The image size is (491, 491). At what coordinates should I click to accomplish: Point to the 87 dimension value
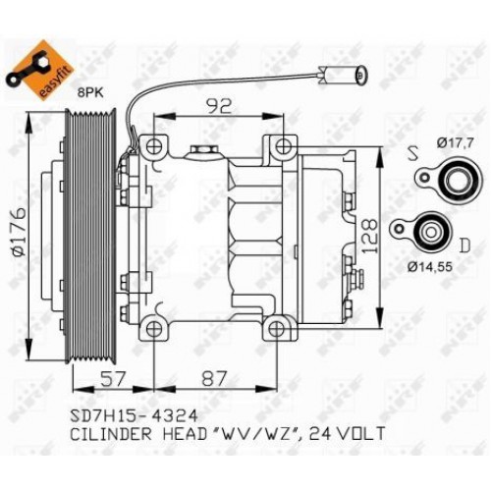pyautogui.click(x=215, y=376)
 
